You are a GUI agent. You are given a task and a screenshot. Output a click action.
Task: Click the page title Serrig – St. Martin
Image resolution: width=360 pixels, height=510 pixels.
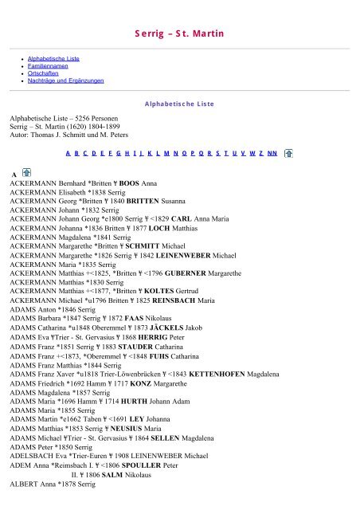[x=179, y=33]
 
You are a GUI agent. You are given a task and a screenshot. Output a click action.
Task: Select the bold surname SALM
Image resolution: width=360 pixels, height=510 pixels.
[x=119, y=473]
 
